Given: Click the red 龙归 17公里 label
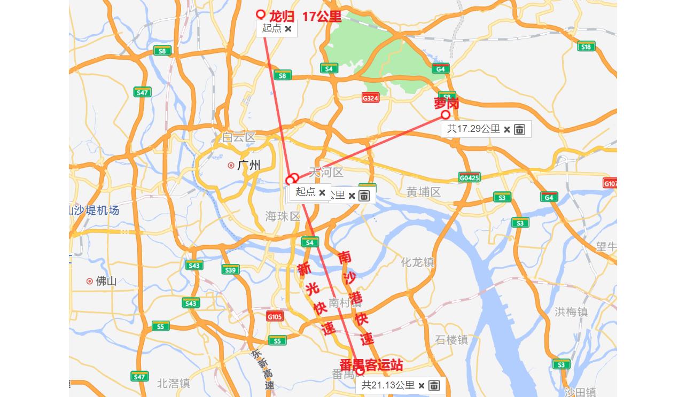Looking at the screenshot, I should point(305,17).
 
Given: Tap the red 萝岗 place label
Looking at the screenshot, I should point(447,103).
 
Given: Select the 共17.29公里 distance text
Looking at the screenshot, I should point(473,129).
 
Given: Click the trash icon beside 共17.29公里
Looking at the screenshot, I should point(519,129).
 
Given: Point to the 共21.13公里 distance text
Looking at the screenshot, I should point(388,385).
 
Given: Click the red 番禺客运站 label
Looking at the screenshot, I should point(371,365).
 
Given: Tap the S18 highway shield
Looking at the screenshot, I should point(586,46).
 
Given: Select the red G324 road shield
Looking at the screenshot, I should point(370,98).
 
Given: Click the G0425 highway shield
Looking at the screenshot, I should point(469,177).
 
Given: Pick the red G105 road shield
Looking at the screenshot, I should point(275,316).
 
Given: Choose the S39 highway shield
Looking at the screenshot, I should point(230,270).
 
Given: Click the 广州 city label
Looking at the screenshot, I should point(248,166).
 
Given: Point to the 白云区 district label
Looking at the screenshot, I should point(239,137).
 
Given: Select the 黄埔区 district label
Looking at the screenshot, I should point(424,192).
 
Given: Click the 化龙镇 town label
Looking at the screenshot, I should point(418,262).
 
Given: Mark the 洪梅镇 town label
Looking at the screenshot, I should point(571,312).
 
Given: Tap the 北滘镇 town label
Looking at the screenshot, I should point(174,383).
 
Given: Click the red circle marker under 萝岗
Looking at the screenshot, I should point(446,115).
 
